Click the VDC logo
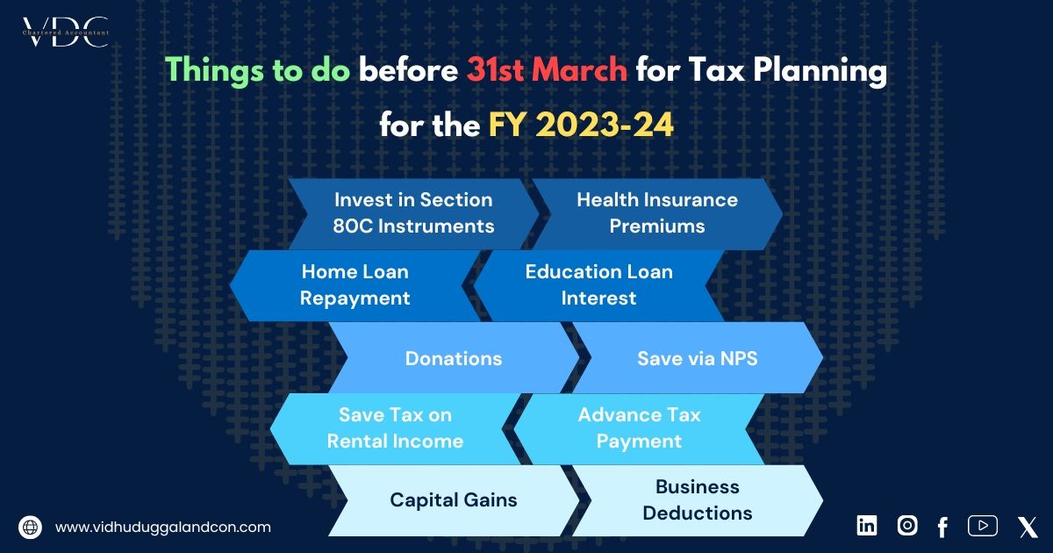pyautogui.click(x=65, y=32)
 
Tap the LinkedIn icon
pyautogui.click(x=866, y=525)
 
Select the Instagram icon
pyautogui.click(x=906, y=525)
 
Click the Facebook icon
pyautogui.click(x=942, y=527)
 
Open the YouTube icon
pyautogui.click(x=983, y=525)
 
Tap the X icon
pyautogui.click(x=1028, y=527)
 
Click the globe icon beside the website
pyautogui.click(x=30, y=528)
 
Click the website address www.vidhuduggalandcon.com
pyautogui.click(x=162, y=528)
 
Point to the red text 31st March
pyautogui.click(x=547, y=70)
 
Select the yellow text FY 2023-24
pyautogui.click(x=581, y=126)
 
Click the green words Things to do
pyautogui.click(x=258, y=70)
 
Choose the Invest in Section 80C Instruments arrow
pyautogui.click(x=413, y=213)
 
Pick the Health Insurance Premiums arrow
pyautogui.click(x=657, y=213)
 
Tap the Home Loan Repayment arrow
pyautogui.click(x=355, y=285)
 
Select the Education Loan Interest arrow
pyautogui.click(x=598, y=285)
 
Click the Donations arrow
pyautogui.click(x=453, y=358)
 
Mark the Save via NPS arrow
pyautogui.click(x=697, y=358)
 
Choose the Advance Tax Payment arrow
pyautogui.click(x=639, y=428)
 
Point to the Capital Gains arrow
pyautogui.click(x=453, y=500)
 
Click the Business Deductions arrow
pyautogui.click(x=697, y=500)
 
